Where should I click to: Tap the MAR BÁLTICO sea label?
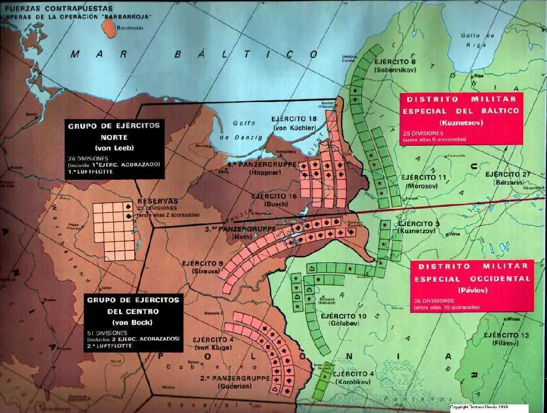[196, 55]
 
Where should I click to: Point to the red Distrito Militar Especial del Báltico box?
[462, 118]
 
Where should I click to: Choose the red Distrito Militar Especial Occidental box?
[471, 286]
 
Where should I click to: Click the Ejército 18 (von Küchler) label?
[294, 123]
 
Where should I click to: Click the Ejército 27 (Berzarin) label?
[508, 178]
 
